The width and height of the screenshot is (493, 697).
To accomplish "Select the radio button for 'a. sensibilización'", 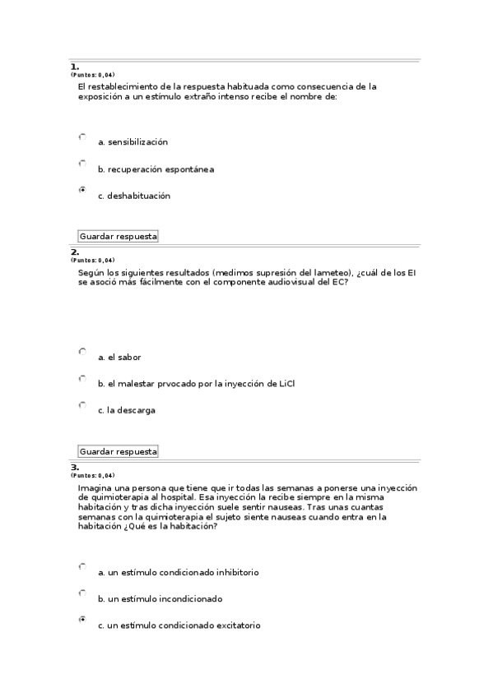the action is click(82, 136).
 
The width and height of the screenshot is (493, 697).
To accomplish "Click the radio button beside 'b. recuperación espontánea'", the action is click(82, 164).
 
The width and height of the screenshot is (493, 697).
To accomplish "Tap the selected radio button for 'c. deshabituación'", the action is click(82, 190).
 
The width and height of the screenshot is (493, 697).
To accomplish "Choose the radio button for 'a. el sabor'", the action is click(82, 351).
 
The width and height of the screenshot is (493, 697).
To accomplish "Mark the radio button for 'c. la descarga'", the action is click(82, 404).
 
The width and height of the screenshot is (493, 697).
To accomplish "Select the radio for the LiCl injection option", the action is click(82, 378).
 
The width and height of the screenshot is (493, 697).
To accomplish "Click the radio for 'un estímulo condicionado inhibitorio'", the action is click(82, 566).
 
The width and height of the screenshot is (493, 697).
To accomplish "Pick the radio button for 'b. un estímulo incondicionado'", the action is click(82, 593).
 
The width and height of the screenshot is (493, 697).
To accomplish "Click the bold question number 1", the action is click(74, 66).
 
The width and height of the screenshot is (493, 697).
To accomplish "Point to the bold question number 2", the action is click(74, 252).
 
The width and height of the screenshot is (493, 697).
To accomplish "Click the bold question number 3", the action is click(74, 467).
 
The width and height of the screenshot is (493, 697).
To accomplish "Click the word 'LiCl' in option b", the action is click(286, 384).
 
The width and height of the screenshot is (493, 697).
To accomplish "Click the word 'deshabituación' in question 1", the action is click(138, 196).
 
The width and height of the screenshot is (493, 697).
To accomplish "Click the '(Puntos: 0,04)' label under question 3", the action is click(92, 476).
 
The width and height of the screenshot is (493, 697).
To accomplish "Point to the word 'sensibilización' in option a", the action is click(138, 142).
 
